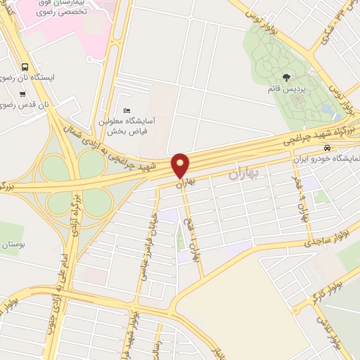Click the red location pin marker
coord(181,166)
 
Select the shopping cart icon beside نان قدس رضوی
coord(23,94)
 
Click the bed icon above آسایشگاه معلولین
coord(127,110)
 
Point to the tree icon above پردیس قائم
coord(285,77)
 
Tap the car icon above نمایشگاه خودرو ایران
coord(328,148)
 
